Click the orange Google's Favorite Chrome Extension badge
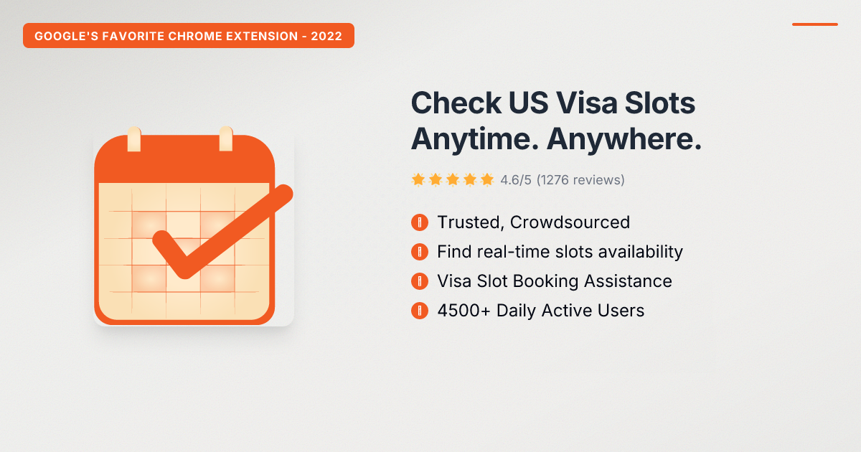tap(189, 35)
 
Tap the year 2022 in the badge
tap(326, 36)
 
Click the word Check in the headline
tap(456, 103)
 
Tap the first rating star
tap(418, 179)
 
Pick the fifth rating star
tap(487, 179)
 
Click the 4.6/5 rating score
tap(516, 180)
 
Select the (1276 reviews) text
tap(580, 180)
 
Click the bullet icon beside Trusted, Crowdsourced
tap(420, 222)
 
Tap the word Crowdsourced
tap(570, 222)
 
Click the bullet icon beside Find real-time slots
tap(420, 252)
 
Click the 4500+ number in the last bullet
tap(464, 311)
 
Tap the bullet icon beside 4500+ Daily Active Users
tap(420, 311)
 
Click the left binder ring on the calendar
tap(134, 138)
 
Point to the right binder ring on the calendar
tap(226, 138)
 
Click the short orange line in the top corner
tap(815, 24)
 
